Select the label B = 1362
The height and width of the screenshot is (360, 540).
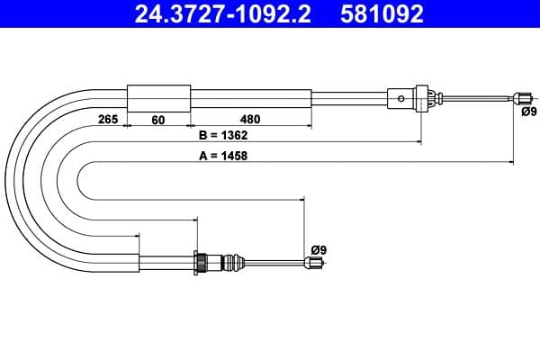(x=222, y=136)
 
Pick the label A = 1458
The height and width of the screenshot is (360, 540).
(x=222, y=155)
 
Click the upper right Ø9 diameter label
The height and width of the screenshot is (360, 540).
(x=528, y=112)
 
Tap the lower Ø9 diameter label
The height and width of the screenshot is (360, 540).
(x=318, y=248)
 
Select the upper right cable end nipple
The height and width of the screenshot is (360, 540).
(x=521, y=97)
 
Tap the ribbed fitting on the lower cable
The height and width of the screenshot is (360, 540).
(x=204, y=262)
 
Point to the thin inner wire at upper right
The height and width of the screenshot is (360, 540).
(x=477, y=97)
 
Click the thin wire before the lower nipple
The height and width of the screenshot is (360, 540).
(x=270, y=263)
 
